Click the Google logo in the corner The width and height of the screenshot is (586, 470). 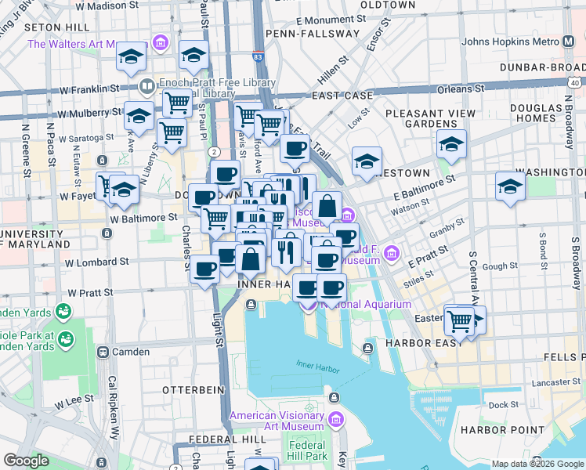click(26, 461)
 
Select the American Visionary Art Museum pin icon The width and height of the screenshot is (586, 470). click(337, 421)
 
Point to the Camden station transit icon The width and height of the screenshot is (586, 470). click(103, 352)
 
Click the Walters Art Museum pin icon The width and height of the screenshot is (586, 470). click(161, 42)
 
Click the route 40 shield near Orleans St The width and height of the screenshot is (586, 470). click(575, 81)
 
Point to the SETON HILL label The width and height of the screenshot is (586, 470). click(52, 27)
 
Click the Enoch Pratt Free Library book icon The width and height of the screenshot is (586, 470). click(146, 85)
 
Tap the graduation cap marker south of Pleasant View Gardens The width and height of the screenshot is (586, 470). click(452, 144)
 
